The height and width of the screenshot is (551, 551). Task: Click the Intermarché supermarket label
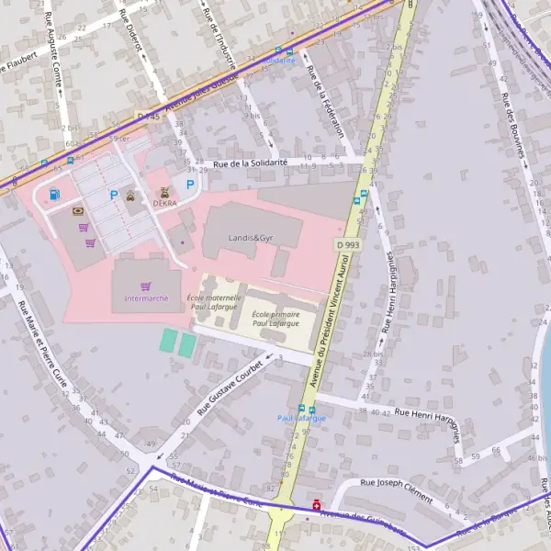[146, 298]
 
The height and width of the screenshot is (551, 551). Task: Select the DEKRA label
[165, 204]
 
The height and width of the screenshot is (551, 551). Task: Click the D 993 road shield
[346, 245]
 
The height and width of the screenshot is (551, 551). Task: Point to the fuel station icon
[56, 194]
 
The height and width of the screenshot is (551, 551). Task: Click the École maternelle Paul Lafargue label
[214, 302]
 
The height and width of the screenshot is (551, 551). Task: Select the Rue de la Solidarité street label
[251, 163]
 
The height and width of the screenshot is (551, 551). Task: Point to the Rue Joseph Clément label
[396, 489]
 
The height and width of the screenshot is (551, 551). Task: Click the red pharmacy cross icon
[317, 504]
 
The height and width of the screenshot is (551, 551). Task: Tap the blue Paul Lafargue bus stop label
[301, 418]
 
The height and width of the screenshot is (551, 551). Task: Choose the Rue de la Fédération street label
[327, 102]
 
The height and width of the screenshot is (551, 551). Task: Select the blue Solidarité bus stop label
[279, 60]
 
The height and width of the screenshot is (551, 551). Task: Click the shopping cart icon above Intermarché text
[145, 286]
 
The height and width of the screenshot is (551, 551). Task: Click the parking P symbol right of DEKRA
[190, 185]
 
